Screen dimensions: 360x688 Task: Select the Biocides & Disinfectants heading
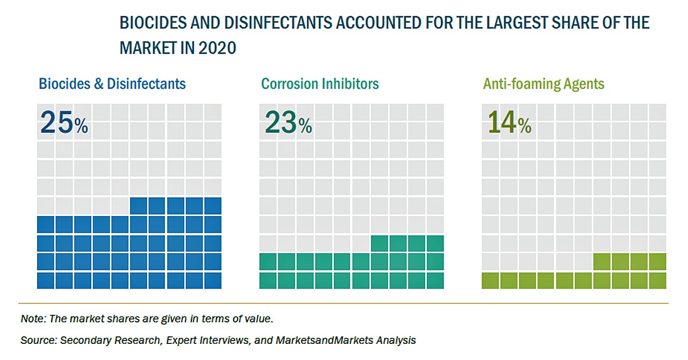(x=112, y=84)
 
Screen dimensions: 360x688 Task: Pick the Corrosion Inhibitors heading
(x=320, y=84)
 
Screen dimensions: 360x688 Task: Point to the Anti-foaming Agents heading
(x=543, y=84)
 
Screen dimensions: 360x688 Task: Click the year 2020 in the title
(x=217, y=48)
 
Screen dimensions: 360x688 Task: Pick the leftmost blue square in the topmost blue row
(x=139, y=206)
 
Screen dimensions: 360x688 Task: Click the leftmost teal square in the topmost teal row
(x=379, y=243)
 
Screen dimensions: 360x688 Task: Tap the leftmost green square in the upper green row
(x=602, y=262)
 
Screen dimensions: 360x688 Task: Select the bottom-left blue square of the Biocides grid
(x=46, y=280)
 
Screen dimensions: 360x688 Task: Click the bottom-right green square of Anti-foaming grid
(x=657, y=280)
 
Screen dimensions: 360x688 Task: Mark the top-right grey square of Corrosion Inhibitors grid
(x=435, y=112)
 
